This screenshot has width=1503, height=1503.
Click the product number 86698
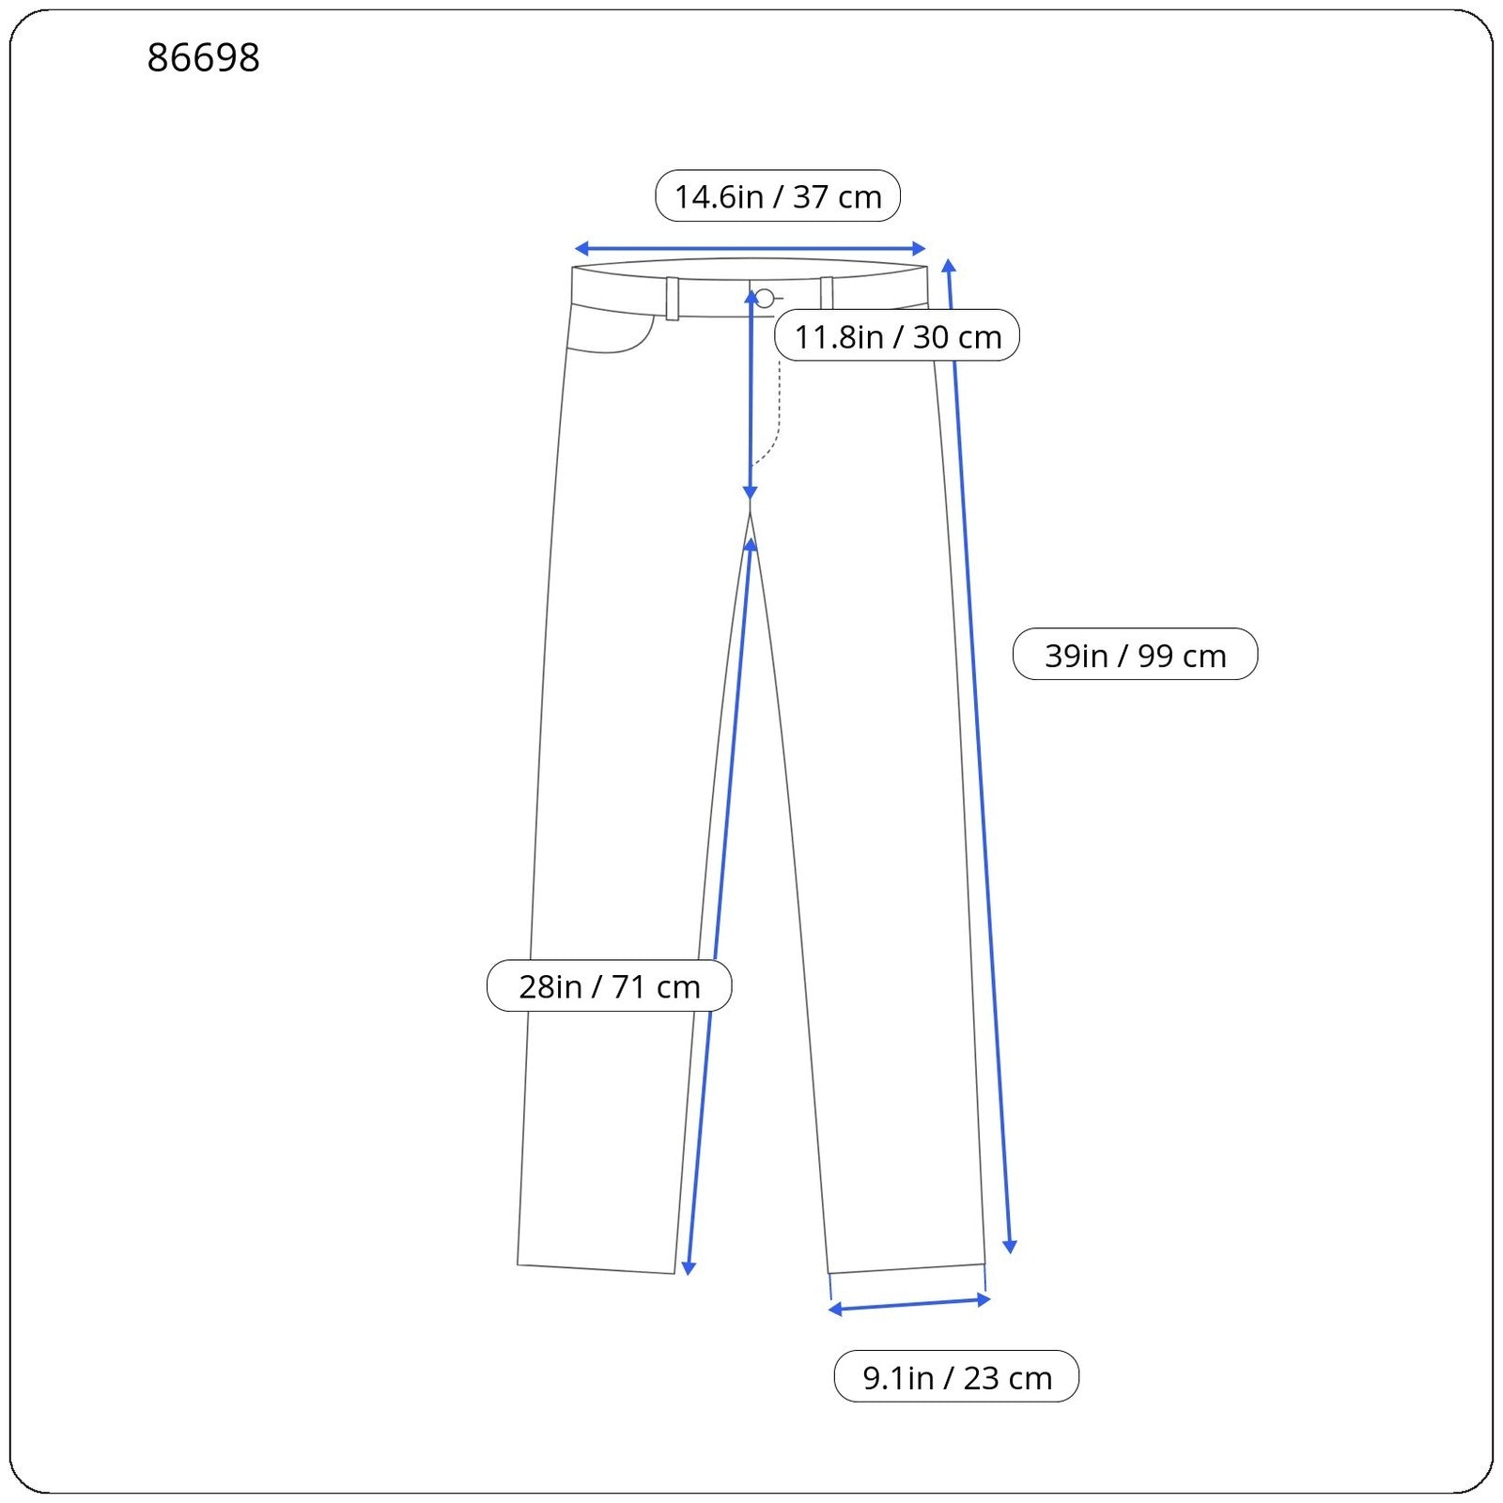(x=203, y=57)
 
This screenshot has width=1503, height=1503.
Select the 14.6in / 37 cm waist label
(x=778, y=196)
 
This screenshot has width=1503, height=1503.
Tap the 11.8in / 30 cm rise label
(x=898, y=335)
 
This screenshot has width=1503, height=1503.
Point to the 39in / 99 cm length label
(x=1135, y=654)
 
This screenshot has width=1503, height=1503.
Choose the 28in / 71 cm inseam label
(x=609, y=985)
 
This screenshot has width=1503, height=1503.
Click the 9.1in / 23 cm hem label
(x=956, y=1376)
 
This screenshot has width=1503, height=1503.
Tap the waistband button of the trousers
(x=765, y=299)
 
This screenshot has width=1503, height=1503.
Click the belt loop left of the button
(x=673, y=299)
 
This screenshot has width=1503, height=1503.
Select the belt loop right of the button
(x=827, y=293)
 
